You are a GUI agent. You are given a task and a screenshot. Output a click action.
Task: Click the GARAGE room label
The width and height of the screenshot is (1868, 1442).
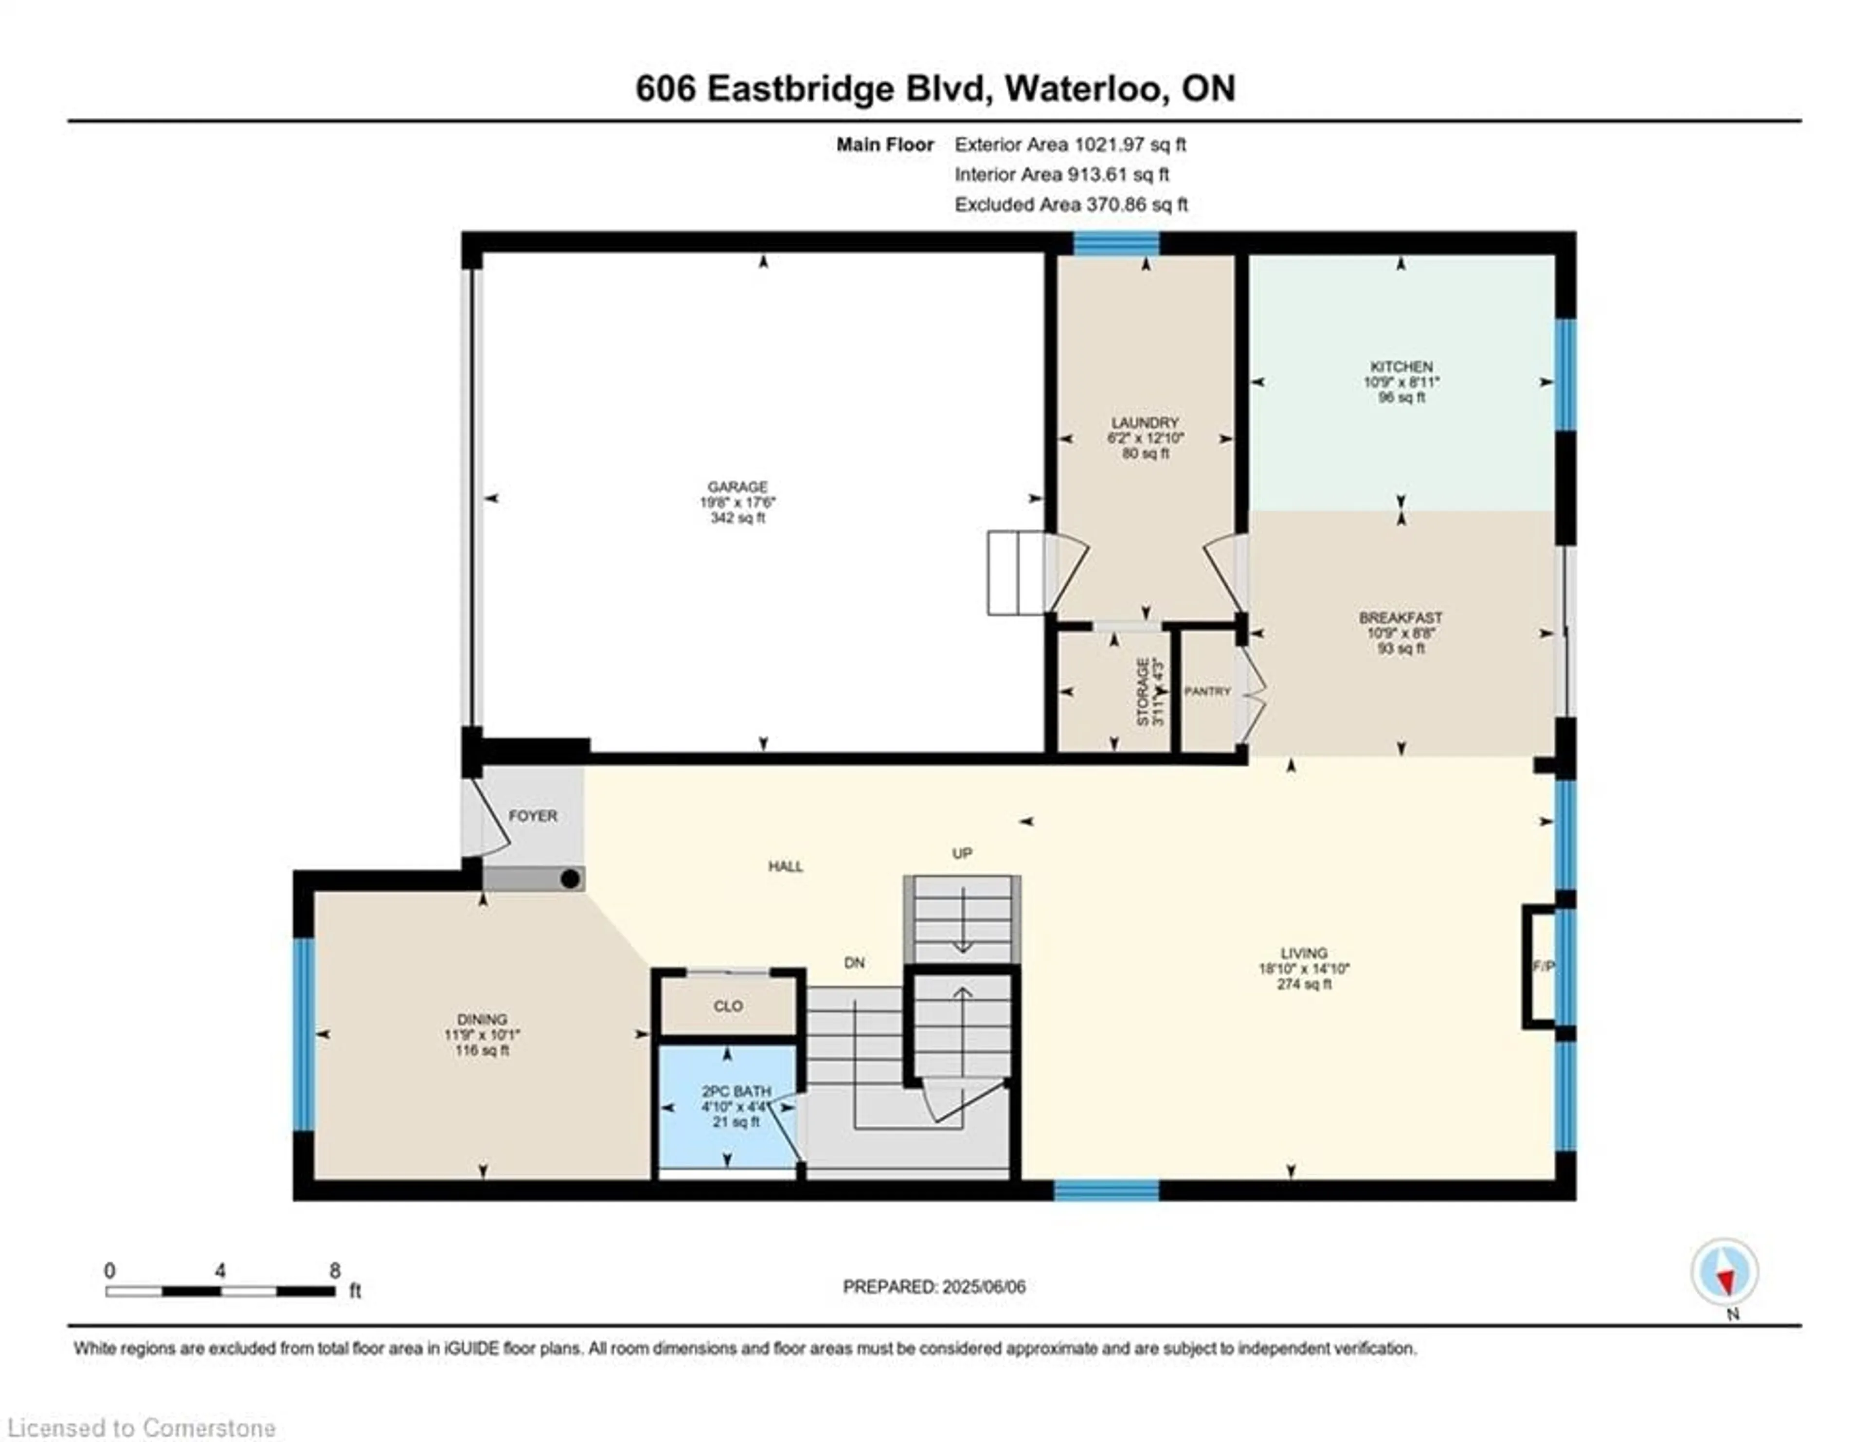point(737,487)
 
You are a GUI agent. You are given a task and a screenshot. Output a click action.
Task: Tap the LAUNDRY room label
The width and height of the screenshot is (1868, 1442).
point(1145,422)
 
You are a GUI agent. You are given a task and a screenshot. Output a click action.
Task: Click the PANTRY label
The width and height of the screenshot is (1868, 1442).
point(1207,691)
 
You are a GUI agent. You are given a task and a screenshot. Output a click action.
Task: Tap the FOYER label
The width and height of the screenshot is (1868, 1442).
point(533,816)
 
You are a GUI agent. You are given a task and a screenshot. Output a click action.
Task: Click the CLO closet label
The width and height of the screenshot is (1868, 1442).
point(728,1006)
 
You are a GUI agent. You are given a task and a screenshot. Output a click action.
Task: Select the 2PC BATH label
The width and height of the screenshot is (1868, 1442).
point(736,1091)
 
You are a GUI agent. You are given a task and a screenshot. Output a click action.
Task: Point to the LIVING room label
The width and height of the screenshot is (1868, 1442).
point(1304,953)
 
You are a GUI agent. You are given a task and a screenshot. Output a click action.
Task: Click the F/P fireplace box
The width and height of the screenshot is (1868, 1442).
point(1540,967)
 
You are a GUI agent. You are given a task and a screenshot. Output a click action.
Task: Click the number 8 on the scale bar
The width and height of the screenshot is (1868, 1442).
point(334,1270)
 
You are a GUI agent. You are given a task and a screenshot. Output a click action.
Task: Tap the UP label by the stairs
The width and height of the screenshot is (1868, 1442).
point(962,853)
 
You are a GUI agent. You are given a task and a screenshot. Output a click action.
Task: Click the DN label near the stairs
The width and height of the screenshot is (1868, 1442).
point(854,962)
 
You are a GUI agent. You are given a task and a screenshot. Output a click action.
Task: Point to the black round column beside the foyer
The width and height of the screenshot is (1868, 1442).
point(570,878)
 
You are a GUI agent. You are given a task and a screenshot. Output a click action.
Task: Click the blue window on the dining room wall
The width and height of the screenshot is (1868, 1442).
point(304,1034)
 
